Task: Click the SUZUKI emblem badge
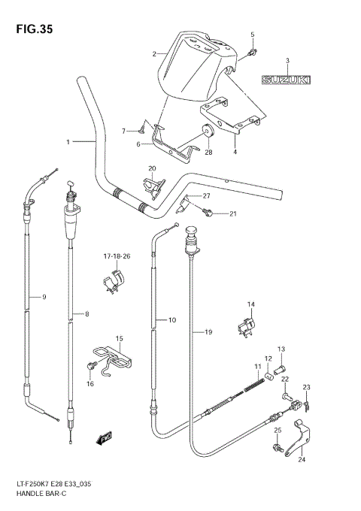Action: pyautogui.click(x=287, y=78)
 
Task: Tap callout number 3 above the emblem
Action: pyautogui.click(x=287, y=60)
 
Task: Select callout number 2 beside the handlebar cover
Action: pyautogui.click(x=154, y=54)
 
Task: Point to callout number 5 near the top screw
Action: pyautogui.click(x=253, y=35)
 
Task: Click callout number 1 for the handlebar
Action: pyautogui.click(x=68, y=141)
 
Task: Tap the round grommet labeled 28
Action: pyautogui.click(x=208, y=132)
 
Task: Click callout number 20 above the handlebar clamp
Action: pyautogui.click(x=151, y=168)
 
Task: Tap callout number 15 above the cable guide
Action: pyautogui.click(x=118, y=338)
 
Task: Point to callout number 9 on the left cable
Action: pyautogui.click(x=44, y=298)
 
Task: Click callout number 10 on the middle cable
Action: pyautogui.click(x=171, y=320)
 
